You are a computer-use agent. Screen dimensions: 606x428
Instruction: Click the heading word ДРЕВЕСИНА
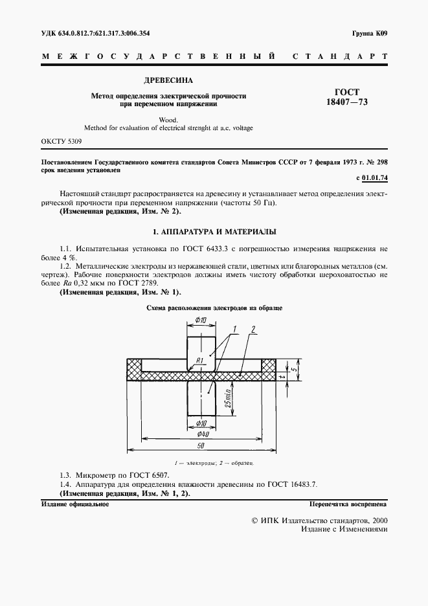click(169, 82)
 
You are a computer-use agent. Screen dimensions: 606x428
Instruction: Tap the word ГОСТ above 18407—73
click(347, 93)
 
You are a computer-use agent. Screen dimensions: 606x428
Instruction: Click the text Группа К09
click(369, 32)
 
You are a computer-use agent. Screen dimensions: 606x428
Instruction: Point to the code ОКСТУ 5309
click(62, 140)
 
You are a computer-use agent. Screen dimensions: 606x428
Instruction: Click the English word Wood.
click(168, 119)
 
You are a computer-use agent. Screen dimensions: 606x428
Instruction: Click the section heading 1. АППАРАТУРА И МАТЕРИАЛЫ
click(214, 231)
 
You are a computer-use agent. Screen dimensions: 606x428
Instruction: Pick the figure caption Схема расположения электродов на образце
click(214, 309)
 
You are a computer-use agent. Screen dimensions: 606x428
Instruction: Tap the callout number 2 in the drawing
click(253, 329)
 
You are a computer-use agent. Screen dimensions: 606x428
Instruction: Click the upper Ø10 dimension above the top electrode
click(201, 322)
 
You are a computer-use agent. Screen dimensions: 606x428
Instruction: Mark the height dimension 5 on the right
click(294, 369)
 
